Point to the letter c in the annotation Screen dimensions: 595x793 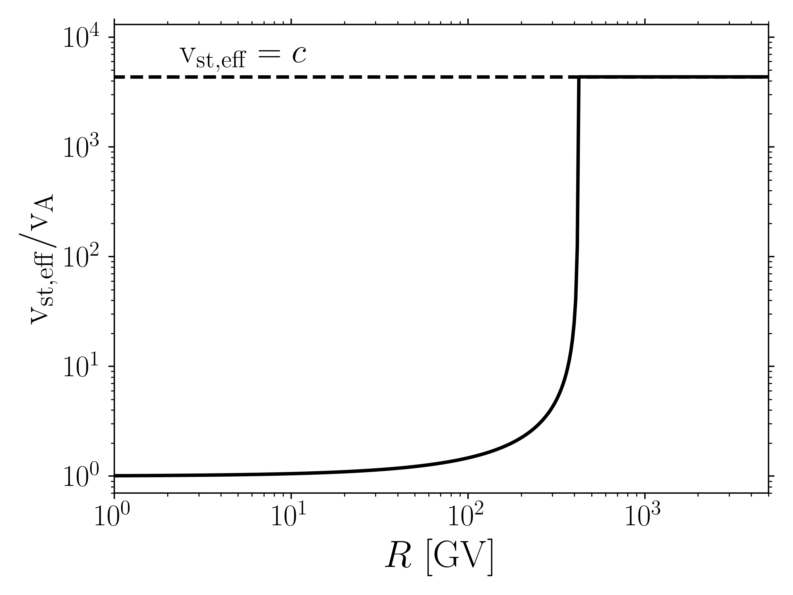pyautogui.click(x=299, y=55)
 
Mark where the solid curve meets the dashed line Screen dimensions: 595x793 pyautogui.click(x=579, y=77)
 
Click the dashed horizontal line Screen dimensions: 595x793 pyautogui.click(x=323, y=77)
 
